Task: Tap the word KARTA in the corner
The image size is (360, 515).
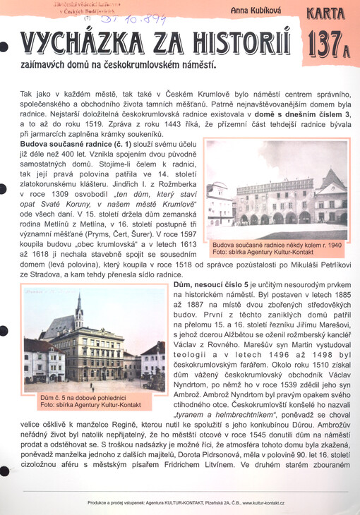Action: click(325, 12)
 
